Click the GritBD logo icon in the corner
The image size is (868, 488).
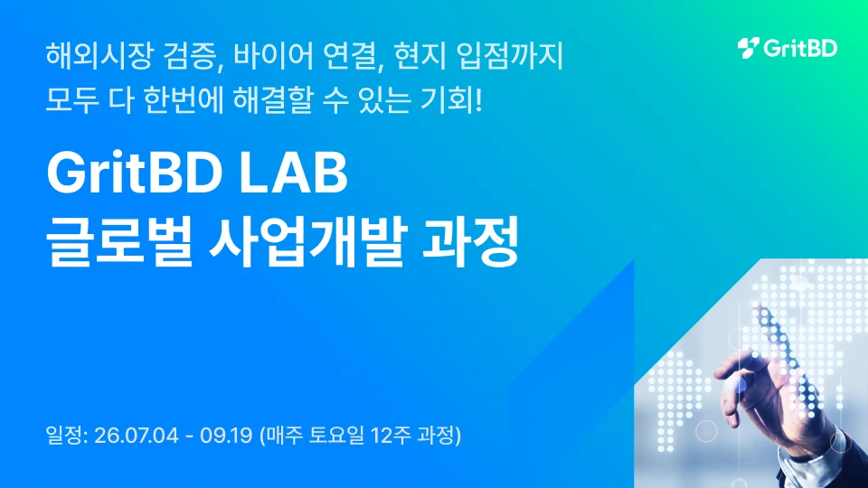[x=748, y=48]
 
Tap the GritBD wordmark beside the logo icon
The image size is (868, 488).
[x=800, y=48]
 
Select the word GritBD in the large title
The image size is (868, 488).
[x=135, y=173]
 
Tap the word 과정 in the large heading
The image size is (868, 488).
[x=470, y=241]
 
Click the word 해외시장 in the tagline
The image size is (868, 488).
[x=99, y=56]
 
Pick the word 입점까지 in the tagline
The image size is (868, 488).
[x=510, y=56]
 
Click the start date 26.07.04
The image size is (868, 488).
[x=137, y=436]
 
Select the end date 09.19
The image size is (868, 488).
[x=226, y=436]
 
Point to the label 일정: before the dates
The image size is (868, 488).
[x=67, y=436]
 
